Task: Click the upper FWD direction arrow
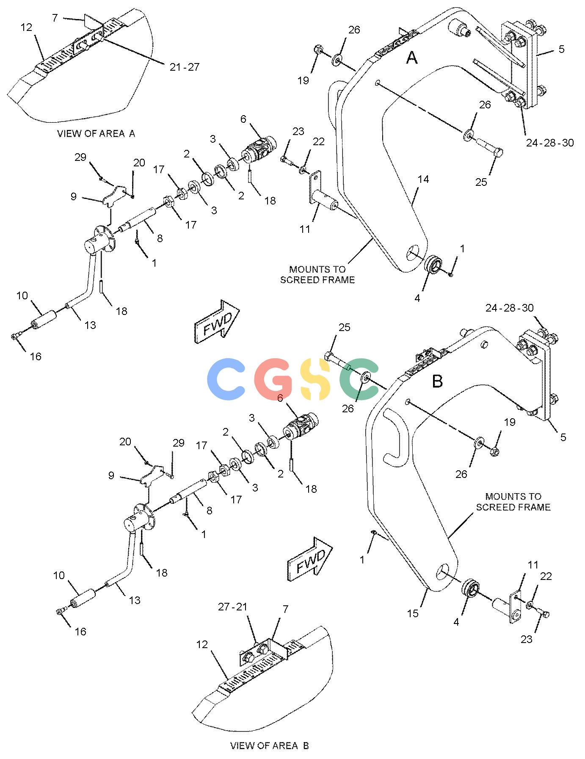[216, 320]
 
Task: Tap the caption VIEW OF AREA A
[97, 133]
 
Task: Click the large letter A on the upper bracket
[412, 58]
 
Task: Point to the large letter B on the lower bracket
[437, 381]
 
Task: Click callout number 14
[423, 179]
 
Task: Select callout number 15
[413, 613]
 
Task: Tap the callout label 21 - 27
[185, 67]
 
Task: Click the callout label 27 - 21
[232, 607]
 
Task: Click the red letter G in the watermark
[273, 379]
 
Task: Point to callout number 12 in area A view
[26, 28]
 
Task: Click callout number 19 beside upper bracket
[303, 80]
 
